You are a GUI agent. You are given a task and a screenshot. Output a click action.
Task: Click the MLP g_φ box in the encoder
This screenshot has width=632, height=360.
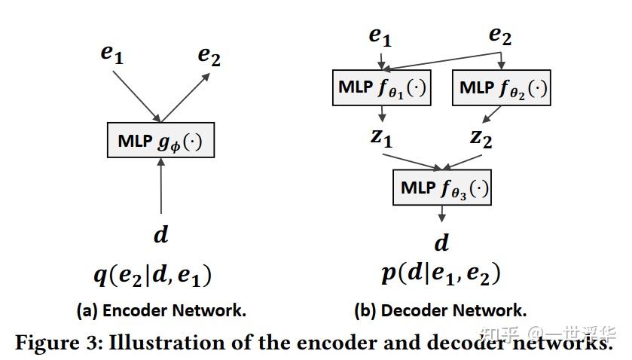click(160, 141)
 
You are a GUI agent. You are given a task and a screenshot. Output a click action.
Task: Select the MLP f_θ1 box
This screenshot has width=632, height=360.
click(382, 88)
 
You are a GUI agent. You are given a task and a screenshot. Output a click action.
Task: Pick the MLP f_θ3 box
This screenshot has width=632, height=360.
click(442, 188)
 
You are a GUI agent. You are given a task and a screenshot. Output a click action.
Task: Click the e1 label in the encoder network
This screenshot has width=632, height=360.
click(111, 53)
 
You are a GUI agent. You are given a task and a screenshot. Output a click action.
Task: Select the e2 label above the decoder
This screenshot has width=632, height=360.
click(501, 35)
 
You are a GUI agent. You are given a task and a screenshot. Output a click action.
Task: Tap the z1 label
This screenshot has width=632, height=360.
click(380, 138)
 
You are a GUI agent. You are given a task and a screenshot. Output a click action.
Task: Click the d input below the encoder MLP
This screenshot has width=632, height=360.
click(160, 235)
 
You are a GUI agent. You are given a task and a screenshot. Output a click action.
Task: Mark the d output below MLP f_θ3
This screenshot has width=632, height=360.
click(442, 243)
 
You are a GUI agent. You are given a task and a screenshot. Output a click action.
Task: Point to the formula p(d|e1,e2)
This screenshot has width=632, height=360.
click(441, 273)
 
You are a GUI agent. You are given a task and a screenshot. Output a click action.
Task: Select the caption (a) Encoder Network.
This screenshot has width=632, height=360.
click(161, 310)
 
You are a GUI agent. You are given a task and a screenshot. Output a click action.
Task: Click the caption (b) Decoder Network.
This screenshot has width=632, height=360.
click(441, 310)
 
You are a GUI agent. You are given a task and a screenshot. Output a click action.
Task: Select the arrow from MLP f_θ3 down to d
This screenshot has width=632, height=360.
click(442, 214)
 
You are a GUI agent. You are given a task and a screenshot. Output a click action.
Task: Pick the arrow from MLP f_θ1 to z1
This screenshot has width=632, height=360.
click(382, 113)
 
